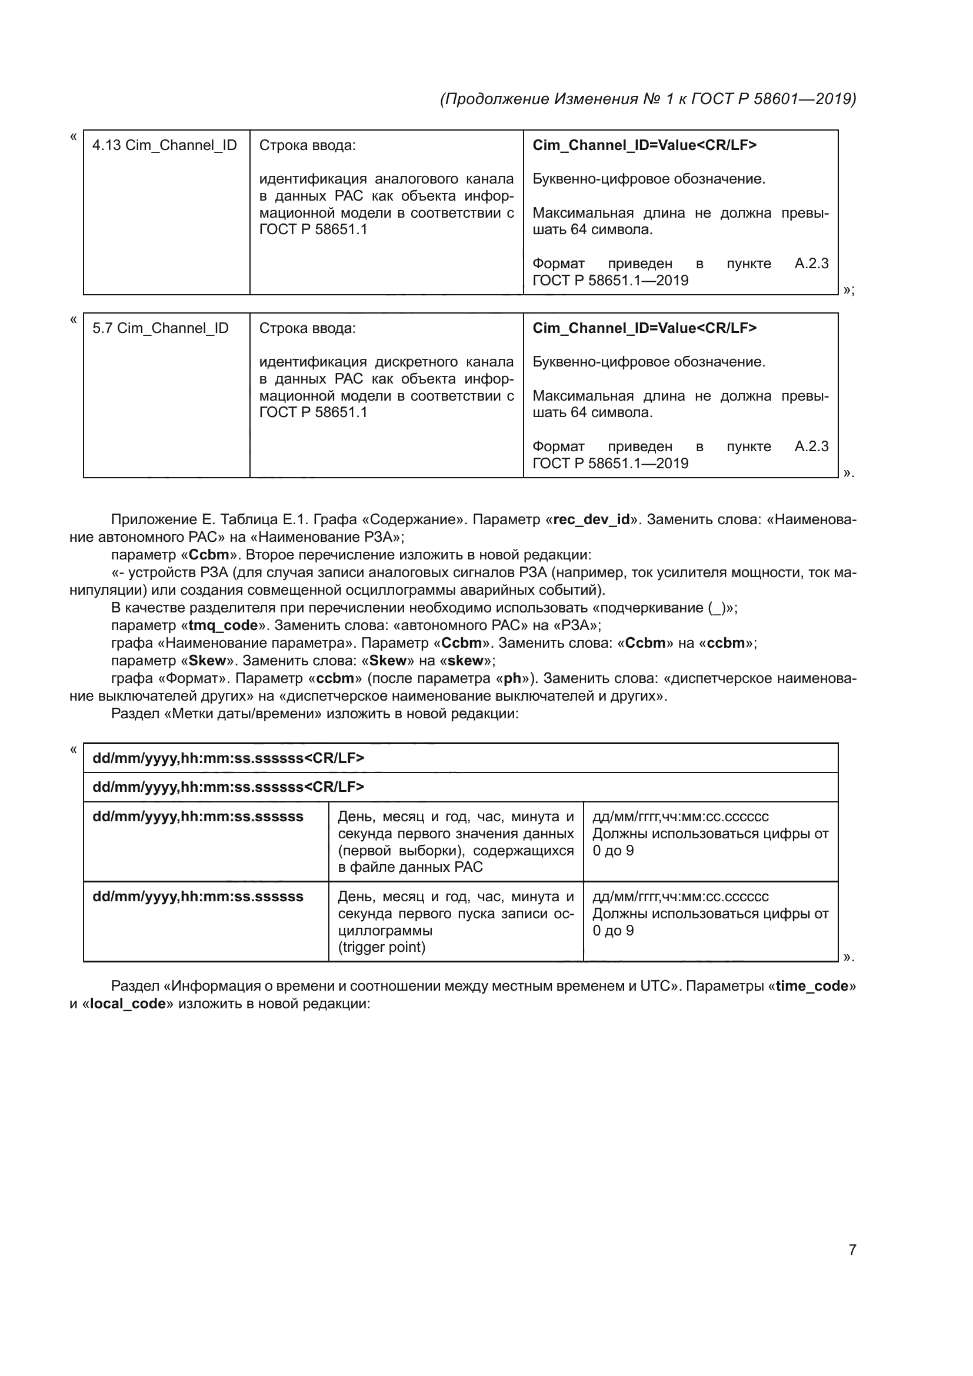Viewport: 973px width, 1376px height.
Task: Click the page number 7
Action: pyautogui.click(x=852, y=1250)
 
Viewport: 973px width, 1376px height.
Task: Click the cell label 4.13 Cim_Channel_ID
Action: pyautogui.click(x=164, y=145)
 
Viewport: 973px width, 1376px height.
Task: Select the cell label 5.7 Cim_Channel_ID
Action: pyautogui.click(x=160, y=328)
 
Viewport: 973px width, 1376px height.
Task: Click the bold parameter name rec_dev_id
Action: pyautogui.click(x=591, y=519)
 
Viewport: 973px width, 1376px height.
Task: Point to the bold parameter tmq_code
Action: pyautogui.click(x=223, y=625)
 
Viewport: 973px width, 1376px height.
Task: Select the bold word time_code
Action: pyautogui.click(x=812, y=986)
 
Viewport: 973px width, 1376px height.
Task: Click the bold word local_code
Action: pyautogui.click(x=128, y=1004)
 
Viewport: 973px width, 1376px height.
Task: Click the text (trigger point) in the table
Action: pyautogui.click(x=382, y=948)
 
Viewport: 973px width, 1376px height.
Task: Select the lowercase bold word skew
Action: pyautogui.click(x=465, y=661)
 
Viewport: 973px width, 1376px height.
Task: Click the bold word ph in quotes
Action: pyautogui.click(x=512, y=678)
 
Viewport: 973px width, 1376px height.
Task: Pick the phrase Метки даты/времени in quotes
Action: pyautogui.click(x=242, y=714)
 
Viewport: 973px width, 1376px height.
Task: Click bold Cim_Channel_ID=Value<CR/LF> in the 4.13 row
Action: pyautogui.click(x=644, y=145)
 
